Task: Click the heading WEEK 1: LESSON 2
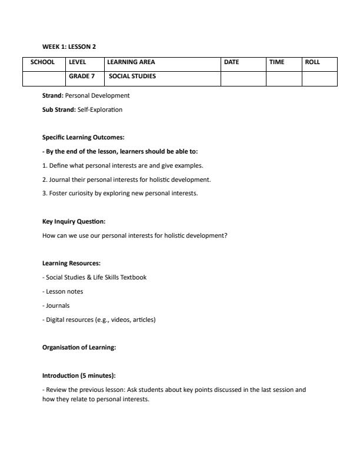[69, 46]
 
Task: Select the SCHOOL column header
[43, 62]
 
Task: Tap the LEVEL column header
[78, 62]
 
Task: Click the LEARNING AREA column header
[131, 62]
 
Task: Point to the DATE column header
[232, 62]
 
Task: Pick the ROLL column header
[312, 62]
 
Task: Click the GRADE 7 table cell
[82, 76]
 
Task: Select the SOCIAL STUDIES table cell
[132, 76]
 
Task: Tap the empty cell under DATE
[243, 78]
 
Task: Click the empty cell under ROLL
[319, 78]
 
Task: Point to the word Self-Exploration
[100, 109]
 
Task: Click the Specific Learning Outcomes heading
[83, 137]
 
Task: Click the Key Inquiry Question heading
[74, 222]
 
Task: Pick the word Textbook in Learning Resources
[134, 277]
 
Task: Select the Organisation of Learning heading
[79, 347]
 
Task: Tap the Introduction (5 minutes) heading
[79, 375]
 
